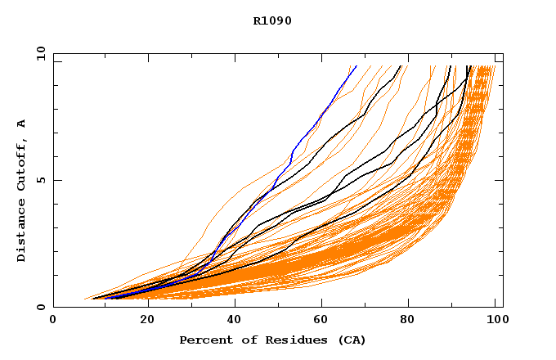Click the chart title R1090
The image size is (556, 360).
(272, 20)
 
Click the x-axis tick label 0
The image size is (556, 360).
(53, 321)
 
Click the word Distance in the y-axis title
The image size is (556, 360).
(21, 232)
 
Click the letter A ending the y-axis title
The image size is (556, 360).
(21, 124)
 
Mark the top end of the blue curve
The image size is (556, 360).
(356, 66)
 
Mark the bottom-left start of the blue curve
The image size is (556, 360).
(104, 299)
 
